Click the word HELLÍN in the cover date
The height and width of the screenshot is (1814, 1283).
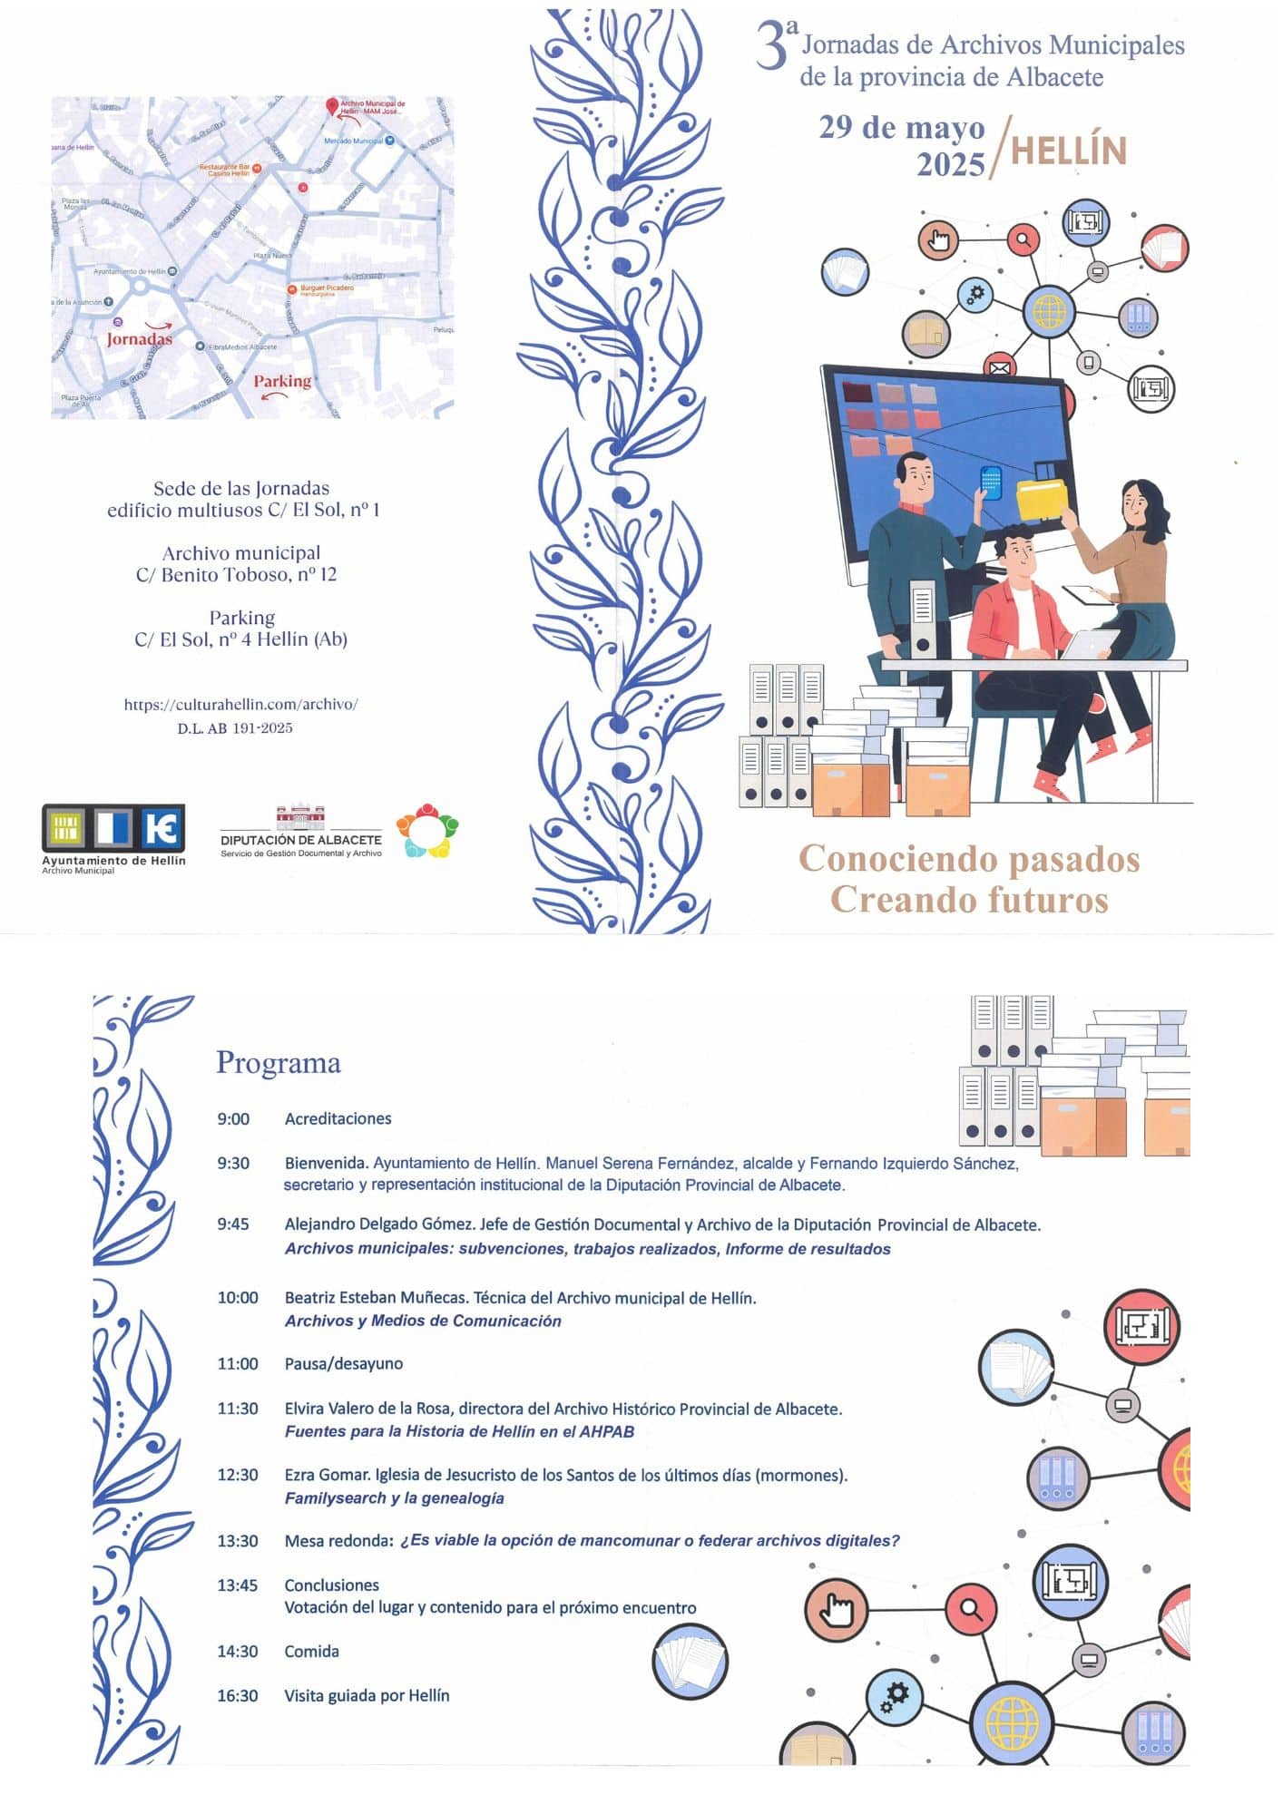pyautogui.click(x=1068, y=151)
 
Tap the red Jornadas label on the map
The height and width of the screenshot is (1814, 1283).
pyautogui.click(x=139, y=338)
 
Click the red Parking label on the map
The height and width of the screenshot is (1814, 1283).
pyautogui.click(x=282, y=381)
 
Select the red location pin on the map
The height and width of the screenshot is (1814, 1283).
pyautogui.click(x=332, y=106)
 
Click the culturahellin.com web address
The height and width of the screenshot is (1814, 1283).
pyautogui.click(x=241, y=704)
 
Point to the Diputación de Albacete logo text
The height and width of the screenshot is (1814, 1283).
pyautogui.click(x=301, y=840)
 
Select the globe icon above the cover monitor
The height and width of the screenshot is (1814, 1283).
pyautogui.click(x=1049, y=311)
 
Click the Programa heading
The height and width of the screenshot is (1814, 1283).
pyautogui.click(x=279, y=1062)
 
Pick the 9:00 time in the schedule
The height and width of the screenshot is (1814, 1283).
pyautogui.click(x=233, y=1119)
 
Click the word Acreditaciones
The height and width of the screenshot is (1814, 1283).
pyautogui.click(x=338, y=1119)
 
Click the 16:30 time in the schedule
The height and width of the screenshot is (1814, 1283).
pyautogui.click(x=237, y=1696)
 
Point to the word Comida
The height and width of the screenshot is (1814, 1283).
pyautogui.click(x=311, y=1652)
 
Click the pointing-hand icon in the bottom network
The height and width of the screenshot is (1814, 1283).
pyautogui.click(x=836, y=1610)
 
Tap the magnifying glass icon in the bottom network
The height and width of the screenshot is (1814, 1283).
pyautogui.click(x=971, y=1610)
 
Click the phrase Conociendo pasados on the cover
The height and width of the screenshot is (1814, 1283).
pyautogui.click(x=969, y=858)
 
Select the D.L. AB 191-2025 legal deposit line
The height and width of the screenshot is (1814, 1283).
pyautogui.click(x=235, y=728)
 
